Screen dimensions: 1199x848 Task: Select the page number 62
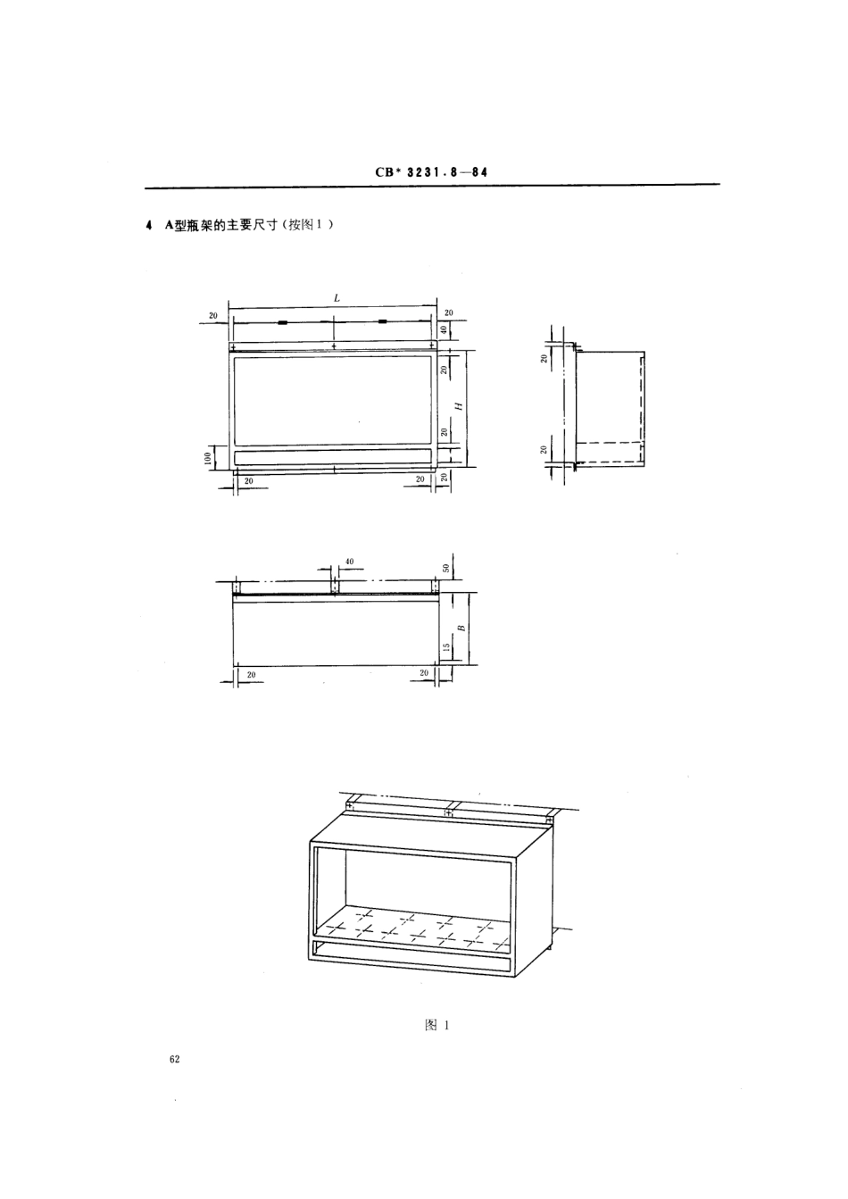173,1059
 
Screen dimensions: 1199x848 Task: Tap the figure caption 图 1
436,1027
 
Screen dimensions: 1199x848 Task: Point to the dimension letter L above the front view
337,298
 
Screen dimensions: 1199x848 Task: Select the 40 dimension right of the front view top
444,329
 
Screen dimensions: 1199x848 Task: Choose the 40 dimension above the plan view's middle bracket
349,562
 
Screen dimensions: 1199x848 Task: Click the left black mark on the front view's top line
282,322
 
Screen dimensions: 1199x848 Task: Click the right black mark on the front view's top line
383,322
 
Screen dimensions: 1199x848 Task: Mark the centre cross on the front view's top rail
334,345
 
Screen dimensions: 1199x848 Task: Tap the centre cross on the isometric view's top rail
447,812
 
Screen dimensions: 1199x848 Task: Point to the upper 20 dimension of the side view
545,359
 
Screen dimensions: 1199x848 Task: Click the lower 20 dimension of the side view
545,448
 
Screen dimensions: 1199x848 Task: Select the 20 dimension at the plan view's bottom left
251,675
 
